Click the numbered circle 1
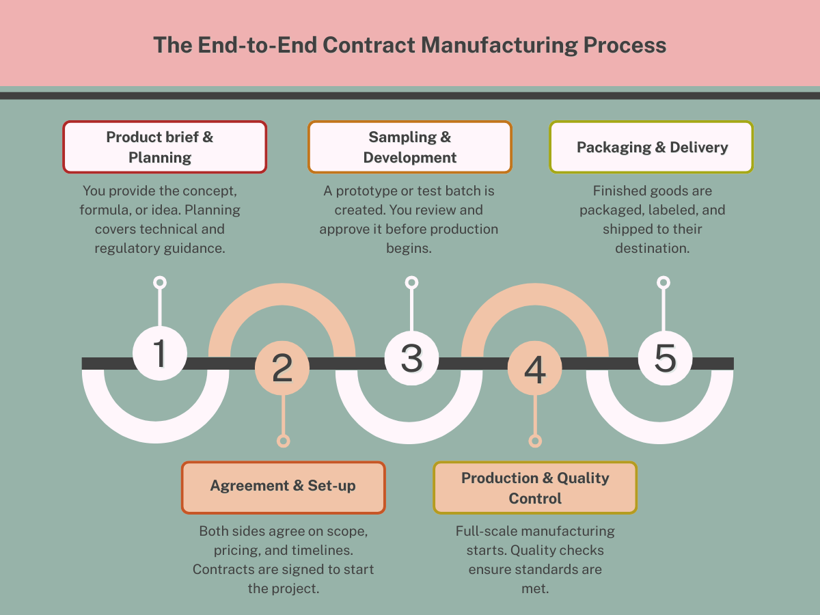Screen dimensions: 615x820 tap(159, 353)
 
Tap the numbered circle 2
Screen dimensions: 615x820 tap(282, 368)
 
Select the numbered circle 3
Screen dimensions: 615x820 tap(411, 357)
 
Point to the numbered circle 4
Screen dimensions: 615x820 tap(535, 368)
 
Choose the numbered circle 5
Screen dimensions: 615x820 tap(665, 357)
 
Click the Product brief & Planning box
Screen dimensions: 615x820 tap(165, 147)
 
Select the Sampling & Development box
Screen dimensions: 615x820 tap(409, 147)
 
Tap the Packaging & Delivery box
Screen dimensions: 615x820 tap(652, 147)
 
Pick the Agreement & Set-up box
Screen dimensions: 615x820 tap(283, 487)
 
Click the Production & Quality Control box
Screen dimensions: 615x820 tap(535, 488)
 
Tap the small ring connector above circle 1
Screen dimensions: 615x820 tap(160, 282)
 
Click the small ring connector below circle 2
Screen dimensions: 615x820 tap(283, 441)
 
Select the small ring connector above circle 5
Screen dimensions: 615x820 tap(663, 282)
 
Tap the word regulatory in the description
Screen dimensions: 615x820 tap(127, 248)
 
